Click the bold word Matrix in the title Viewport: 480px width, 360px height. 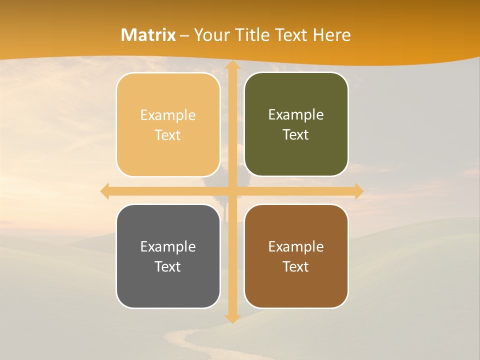click(x=148, y=35)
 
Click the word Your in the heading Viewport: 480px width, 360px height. click(x=210, y=35)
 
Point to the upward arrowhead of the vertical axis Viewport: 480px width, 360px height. click(x=231, y=66)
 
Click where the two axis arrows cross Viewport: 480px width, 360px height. click(x=231, y=191)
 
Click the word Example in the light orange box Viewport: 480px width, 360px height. click(x=168, y=115)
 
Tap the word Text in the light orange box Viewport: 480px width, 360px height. click(x=168, y=135)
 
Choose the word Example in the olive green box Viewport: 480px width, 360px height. click(x=296, y=115)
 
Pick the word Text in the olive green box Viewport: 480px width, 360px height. click(x=296, y=135)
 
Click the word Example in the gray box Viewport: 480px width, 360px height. click(x=168, y=247)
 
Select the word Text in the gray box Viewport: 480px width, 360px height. click(x=168, y=267)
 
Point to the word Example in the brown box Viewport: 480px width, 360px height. click(x=296, y=247)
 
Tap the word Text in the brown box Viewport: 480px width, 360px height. click(x=296, y=267)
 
